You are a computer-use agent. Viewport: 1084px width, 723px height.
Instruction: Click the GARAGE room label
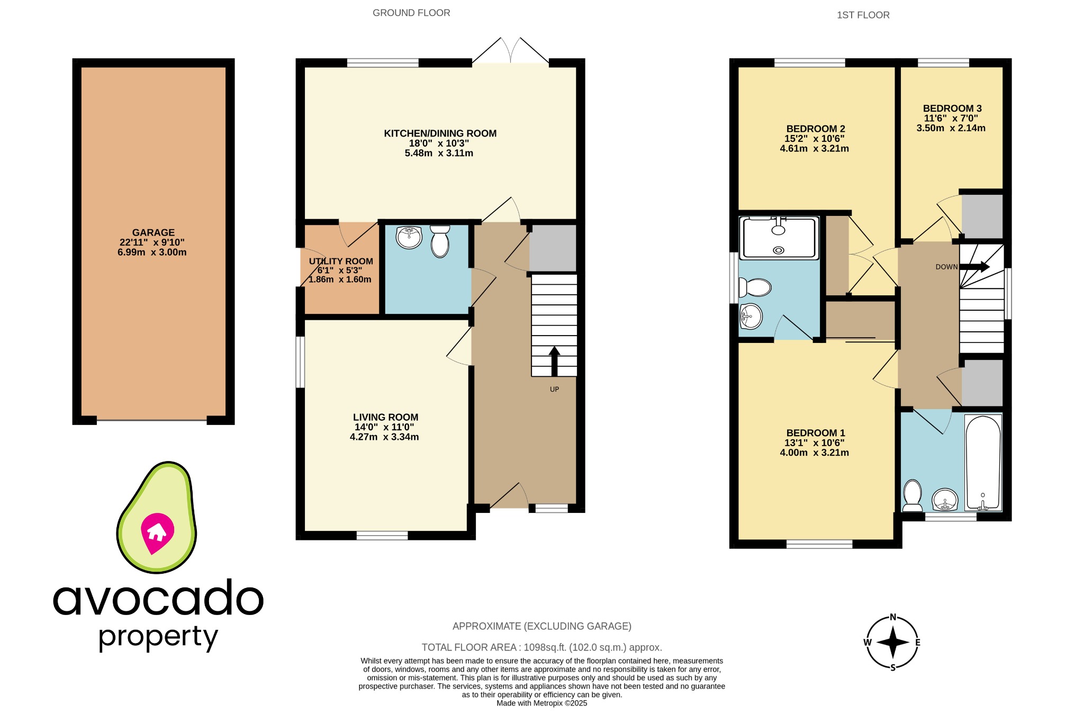click(153, 232)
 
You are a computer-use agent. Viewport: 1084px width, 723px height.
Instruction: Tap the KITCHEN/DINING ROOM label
click(440, 133)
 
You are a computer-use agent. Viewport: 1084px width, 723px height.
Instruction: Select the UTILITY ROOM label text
click(341, 261)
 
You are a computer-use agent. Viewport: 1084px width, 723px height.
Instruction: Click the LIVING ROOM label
click(385, 417)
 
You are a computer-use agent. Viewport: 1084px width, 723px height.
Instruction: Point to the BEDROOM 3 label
click(952, 109)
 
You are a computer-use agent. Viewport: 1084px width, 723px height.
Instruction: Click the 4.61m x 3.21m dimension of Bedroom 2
click(814, 149)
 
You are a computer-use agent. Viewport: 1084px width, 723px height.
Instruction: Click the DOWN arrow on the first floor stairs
click(975, 267)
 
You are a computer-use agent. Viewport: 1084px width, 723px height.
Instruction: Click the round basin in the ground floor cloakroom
click(409, 238)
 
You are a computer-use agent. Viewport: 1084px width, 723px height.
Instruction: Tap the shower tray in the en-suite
click(779, 238)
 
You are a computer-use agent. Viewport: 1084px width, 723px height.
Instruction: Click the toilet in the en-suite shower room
click(756, 287)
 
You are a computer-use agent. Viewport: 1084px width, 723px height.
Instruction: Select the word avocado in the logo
click(158, 598)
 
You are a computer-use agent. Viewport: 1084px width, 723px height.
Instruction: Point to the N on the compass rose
click(893, 617)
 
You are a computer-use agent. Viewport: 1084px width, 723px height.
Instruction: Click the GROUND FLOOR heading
click(411, 13)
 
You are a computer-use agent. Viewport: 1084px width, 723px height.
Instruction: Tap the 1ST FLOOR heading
click(863, 15)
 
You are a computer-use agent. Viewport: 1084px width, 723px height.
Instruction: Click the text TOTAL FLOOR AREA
click(469, 647)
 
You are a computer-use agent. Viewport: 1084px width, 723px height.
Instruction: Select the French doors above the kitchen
click(511, 52)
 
